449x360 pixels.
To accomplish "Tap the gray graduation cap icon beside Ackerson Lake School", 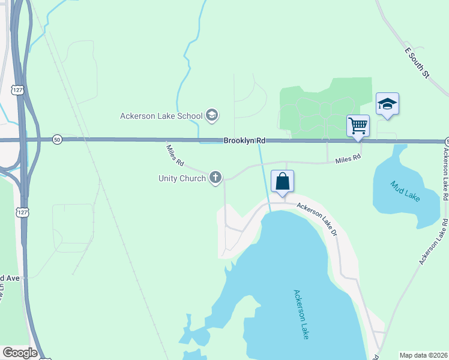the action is click(x=211, y=115).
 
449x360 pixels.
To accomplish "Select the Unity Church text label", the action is click(x=182, y=178).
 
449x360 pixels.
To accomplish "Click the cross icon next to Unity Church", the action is click(x=215, y=178).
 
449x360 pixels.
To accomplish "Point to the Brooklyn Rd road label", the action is click(x=244, y=140).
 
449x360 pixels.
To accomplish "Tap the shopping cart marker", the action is click(x=358, y=126).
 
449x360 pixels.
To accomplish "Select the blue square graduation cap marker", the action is click(x=387, y=104).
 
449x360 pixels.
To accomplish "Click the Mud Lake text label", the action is click(x=405, y=191).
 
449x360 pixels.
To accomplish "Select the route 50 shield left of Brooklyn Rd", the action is click(x=56, y=139).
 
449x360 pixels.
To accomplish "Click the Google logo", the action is click(x=20, y=353).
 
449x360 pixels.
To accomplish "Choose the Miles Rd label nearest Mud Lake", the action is click(x=348, y=158).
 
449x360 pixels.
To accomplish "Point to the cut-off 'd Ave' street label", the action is click(x=10, y=278).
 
